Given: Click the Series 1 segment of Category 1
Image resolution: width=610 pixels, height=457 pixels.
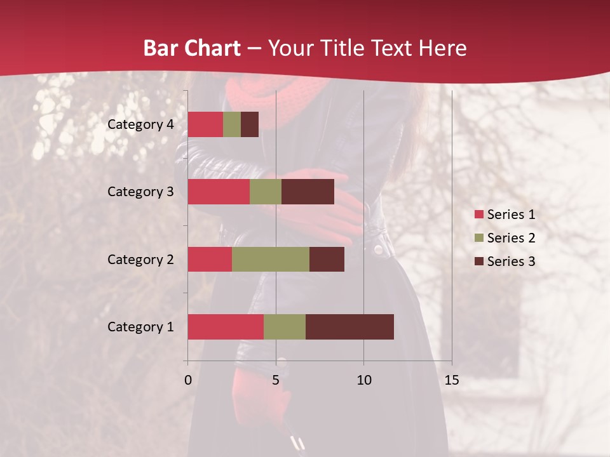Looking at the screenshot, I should [x=226, y=327].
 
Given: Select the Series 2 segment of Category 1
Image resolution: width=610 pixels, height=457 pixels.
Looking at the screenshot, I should [x=285, y=327].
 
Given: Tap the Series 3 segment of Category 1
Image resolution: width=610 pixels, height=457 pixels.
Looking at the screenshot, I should [x=349, y=327].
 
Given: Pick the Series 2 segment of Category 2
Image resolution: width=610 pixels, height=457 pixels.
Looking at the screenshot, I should [x=271, y=259].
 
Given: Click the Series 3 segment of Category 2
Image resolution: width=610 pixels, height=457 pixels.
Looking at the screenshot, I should [x=327, y=259].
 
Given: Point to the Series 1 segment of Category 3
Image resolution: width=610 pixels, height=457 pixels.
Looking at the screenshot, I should [x=219, y=192].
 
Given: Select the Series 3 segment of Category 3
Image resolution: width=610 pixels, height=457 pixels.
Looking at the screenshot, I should [x=308, y=192].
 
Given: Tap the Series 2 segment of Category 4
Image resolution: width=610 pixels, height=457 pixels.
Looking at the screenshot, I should [x=232, y=124].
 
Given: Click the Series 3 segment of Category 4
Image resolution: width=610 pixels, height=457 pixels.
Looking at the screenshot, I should [x=250, y=124].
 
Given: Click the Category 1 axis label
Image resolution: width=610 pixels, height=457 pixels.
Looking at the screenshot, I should [x=140, y=327].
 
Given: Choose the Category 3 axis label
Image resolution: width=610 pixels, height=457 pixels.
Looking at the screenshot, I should [x=140, y=192].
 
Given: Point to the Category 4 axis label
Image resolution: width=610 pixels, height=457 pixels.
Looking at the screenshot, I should [x=140, y=124].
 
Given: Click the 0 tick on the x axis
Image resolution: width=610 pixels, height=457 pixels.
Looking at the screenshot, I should [x=188, y=380].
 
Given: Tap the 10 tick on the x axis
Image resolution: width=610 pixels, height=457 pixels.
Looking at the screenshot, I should [x=363, y=380].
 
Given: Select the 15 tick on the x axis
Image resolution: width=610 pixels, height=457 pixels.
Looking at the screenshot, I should [x=452, y=380].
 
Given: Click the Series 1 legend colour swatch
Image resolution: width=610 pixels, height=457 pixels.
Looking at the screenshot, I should [x=478, y=215].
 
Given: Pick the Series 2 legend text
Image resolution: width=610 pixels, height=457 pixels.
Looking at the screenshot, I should [x=511, y=238].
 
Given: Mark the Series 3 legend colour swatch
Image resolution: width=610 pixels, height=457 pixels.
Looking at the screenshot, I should [x=478, y=262].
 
